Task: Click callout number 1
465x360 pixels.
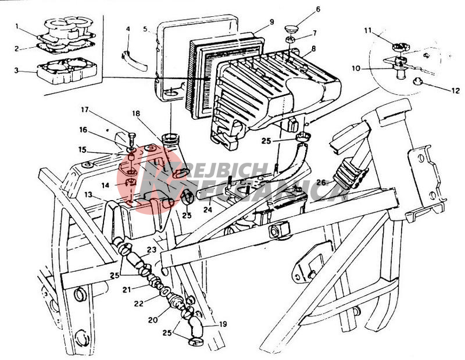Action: [x=18, y=26]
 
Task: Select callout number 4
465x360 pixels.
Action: [x=128, y=28]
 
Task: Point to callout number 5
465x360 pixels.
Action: [x=146, y=28]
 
